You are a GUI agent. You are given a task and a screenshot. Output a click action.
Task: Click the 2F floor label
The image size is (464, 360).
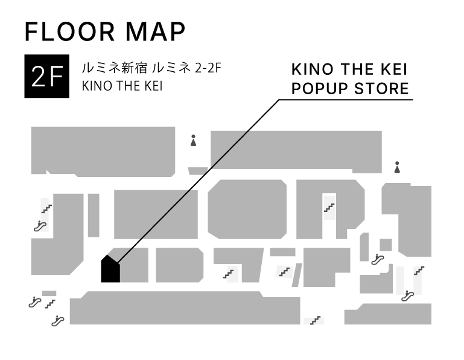47,77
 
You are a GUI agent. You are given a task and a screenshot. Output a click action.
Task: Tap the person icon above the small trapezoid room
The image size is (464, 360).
193,140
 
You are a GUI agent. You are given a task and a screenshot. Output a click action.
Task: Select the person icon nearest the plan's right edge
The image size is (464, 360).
396,167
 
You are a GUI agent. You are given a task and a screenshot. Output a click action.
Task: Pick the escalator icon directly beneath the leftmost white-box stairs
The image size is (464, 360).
40,227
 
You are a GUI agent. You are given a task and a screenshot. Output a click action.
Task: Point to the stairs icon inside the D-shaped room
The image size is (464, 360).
329,208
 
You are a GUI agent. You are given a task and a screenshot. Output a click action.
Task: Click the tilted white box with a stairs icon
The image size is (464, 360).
285,272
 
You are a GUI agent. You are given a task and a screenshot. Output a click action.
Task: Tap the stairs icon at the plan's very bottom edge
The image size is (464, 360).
314,321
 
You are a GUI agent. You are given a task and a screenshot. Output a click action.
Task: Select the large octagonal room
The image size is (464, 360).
247,209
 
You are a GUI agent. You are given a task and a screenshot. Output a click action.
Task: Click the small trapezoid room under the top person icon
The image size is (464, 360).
197,171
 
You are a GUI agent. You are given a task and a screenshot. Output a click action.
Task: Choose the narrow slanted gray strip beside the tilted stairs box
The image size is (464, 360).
297,275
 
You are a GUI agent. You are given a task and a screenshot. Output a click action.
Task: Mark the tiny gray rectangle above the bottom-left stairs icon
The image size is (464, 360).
49,294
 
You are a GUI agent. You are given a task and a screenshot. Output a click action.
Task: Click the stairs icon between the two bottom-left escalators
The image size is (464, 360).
49,304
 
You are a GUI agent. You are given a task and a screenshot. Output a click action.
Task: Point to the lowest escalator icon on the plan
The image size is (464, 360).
58,321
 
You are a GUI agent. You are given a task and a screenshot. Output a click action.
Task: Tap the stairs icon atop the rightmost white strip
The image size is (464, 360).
418,271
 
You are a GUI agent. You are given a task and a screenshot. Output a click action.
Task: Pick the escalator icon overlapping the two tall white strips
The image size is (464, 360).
407,296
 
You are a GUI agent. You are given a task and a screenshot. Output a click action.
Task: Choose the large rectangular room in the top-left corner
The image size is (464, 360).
103,151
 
